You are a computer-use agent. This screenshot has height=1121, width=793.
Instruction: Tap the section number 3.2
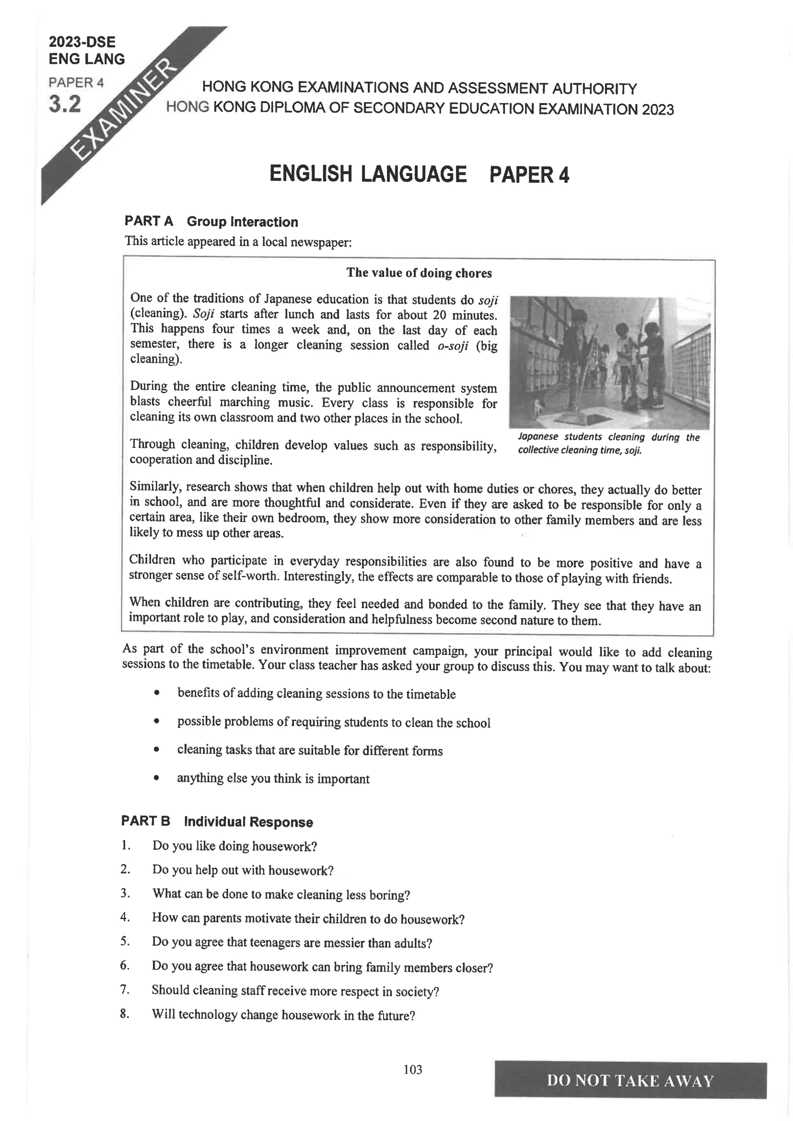tap(64, 105)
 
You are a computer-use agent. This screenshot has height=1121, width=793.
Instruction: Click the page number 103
tap(413, 1069)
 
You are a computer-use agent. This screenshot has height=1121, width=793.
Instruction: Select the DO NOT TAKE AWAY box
tap(630, 1080)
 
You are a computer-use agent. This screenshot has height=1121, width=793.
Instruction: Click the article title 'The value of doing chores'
tap(419, 273)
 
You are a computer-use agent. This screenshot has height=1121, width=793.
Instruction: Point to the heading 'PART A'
tap(149, 221)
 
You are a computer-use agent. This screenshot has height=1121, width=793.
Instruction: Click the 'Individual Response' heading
tap(248, 822)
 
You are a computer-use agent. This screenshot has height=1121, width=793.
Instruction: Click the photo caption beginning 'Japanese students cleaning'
tap(608, 443)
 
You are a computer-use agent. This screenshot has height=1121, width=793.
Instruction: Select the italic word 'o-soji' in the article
tap(453, 346)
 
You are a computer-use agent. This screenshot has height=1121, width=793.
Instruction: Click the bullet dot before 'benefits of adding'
tap(156, 693)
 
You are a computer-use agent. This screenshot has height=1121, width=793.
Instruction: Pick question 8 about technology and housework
tap(283, 1015)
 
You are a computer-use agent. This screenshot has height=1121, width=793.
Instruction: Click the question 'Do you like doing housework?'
tap(234, 846)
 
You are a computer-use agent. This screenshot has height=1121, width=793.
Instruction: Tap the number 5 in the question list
tap(125, 941)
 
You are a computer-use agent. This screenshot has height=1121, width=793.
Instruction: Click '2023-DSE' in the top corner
tap(82, 42)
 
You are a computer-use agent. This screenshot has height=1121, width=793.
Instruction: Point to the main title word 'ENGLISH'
tap(310, 175)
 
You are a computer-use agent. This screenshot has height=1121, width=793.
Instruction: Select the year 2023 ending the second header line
tap(658, 109)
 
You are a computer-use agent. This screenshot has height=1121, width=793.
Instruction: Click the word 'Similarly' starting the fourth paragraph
tap(155, 487)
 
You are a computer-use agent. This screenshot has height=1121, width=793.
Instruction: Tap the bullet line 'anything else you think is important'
tap(273, 778)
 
